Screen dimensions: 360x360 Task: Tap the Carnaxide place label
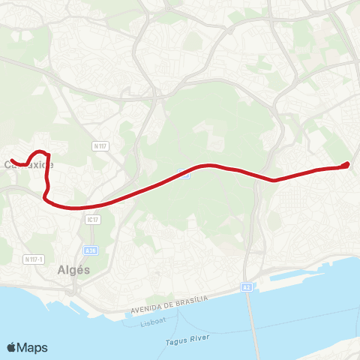[x=28, y=164]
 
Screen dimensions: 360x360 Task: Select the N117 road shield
[x=101, y=145]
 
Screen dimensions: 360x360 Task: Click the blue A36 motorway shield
[x=91, y=251]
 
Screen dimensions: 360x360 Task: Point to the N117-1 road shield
[x=32, y=259]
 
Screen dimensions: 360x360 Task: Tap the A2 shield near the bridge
[x=246, y=286]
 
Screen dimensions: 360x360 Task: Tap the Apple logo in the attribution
[x=12, y=347]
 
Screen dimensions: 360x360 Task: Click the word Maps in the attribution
[x=33, y=347]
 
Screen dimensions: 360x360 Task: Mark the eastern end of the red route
[x=348, y=164]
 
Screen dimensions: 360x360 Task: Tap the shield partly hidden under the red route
[x=184, y=175]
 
